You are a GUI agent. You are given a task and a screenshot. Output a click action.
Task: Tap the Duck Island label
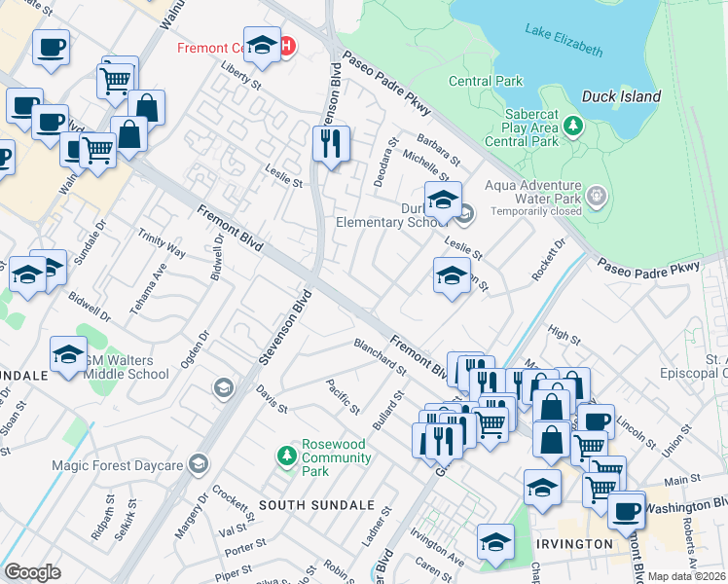(621, 96)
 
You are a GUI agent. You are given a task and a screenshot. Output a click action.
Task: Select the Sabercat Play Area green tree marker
(573, 125)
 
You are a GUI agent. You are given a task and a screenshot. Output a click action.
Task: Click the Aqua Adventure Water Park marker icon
(597, 197)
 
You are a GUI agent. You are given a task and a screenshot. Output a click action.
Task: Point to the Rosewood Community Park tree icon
(286, 455)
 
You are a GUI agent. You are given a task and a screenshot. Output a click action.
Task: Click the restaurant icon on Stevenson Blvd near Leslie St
(331, 144)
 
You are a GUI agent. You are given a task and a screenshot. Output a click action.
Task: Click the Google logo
(32, 571)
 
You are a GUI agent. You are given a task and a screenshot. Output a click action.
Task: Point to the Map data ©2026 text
(686, 576)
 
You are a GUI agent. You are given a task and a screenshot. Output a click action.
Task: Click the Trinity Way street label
(162, 243)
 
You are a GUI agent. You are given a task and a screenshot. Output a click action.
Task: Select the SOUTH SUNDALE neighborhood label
(316, 505)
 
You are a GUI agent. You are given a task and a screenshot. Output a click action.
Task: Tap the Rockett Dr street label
(548, 261)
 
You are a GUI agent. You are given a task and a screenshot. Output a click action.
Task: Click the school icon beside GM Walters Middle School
(68, 355)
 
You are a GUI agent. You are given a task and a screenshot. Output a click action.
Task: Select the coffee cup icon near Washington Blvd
(625, 509)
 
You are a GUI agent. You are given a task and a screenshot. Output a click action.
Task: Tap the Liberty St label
(242, 78)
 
